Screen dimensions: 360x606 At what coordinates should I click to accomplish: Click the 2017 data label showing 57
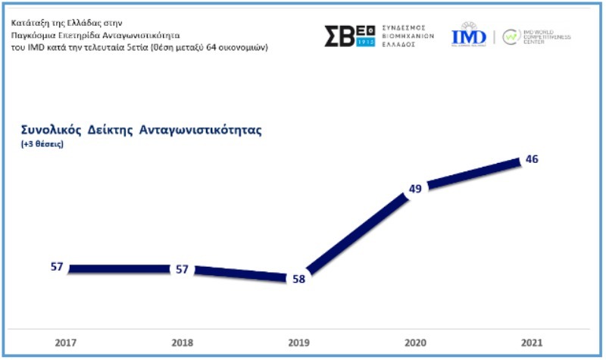(56, 268)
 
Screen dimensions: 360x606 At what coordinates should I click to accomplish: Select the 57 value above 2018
(182, 270)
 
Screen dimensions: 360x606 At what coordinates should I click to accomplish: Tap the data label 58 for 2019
(299, 278)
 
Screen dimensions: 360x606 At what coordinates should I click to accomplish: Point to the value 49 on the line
(415, 187)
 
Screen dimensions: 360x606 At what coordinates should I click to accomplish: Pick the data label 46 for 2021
(532, 160)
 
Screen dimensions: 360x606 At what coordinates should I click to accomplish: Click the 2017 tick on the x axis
(65, 343)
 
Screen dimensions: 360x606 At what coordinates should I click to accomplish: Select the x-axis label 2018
(182, 343)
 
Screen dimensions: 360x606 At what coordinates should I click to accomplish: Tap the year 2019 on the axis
(298, 343)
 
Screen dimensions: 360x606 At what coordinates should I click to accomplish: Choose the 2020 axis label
(415, 343)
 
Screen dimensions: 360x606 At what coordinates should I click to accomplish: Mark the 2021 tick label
(532, 343)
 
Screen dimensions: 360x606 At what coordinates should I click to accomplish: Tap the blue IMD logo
(469, 36)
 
